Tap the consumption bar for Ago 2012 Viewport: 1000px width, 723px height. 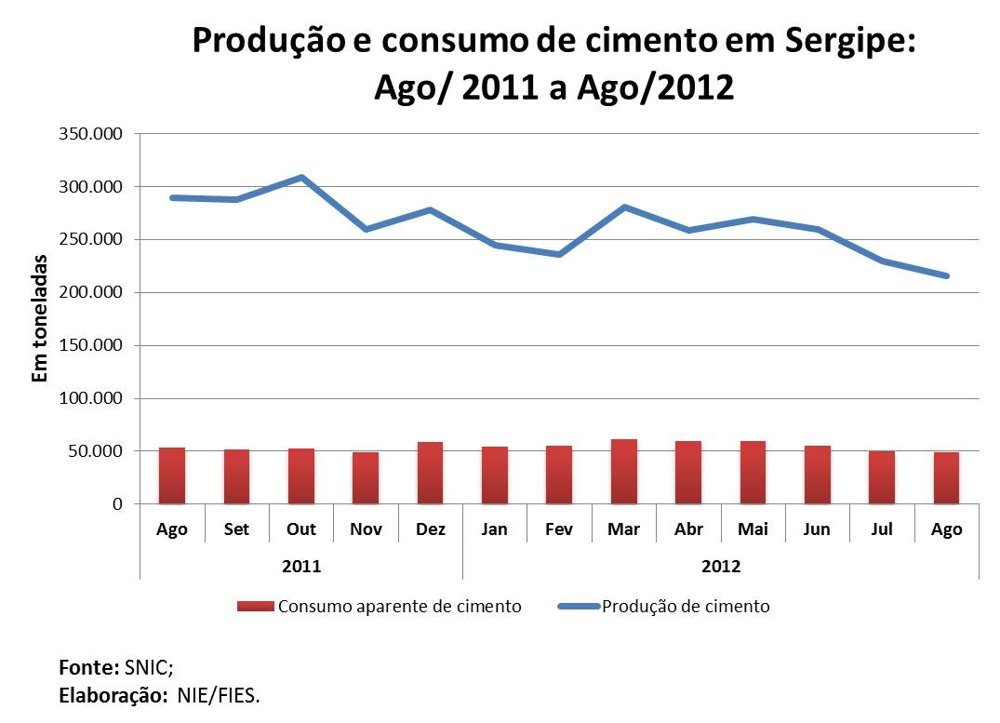tap(946, 478)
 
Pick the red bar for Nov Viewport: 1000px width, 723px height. tap(366, 478)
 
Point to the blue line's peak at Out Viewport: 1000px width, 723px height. tap(300, 177)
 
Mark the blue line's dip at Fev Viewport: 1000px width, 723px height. tap(559, 254)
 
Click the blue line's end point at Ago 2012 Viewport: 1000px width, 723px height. tap(946, 275)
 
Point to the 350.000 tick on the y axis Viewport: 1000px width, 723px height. tap(92, 134)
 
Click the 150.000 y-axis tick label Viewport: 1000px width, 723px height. tap(92, 345)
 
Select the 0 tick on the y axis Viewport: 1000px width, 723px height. tap(117, 504)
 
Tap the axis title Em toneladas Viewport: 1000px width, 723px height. tap(39, 318)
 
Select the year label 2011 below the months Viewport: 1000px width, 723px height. tap(300, 566)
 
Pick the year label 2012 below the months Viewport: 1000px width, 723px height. tap(721, 566)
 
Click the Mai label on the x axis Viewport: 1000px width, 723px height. tap(753, 529)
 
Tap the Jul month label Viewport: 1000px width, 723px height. tap(882, 529)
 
